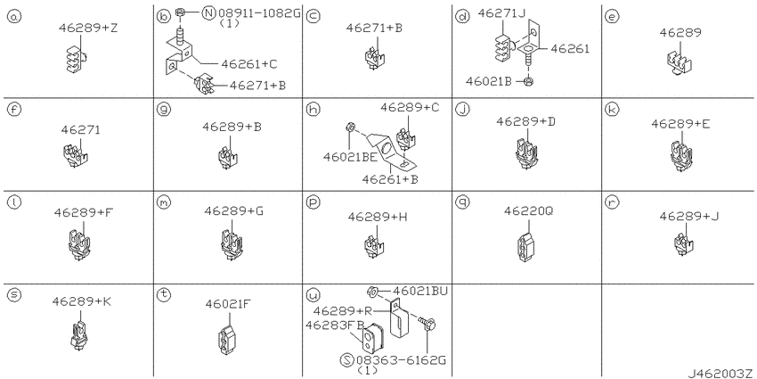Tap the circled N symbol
tap(208, 12)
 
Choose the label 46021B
tap(492, 80)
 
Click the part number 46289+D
tap(525, 120)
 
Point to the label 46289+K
tap(81, 302)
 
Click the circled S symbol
tap(347, 359)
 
